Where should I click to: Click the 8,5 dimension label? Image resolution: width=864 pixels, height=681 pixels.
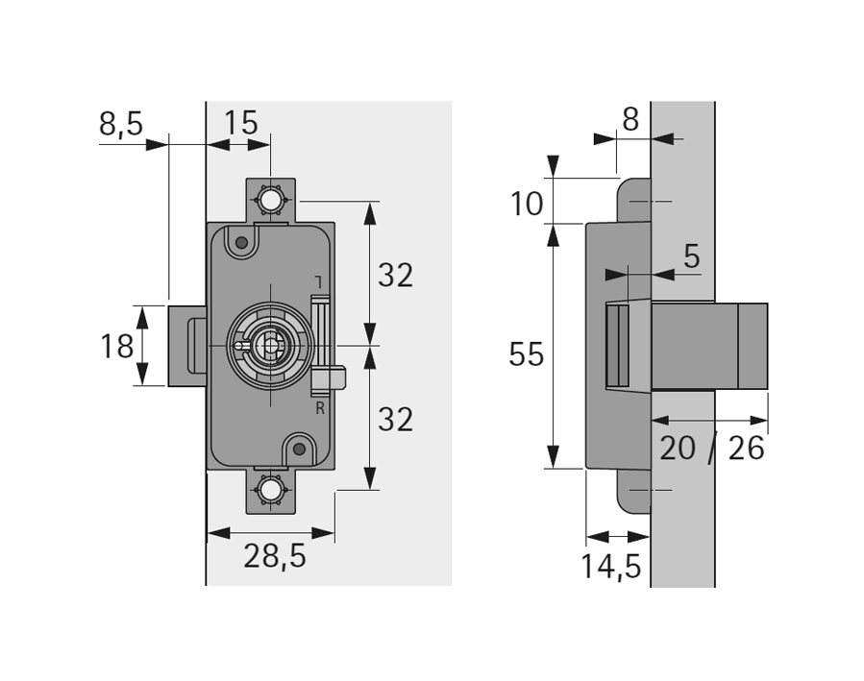point(120,123)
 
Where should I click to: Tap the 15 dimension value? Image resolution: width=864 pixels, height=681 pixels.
point(241,123)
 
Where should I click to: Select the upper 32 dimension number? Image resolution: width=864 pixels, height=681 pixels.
point(395,276)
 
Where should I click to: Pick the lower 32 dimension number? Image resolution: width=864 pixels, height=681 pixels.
point(395,419)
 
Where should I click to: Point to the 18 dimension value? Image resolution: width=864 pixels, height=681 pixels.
point(117,346)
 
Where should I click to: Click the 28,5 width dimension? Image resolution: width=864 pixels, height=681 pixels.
point(274,556)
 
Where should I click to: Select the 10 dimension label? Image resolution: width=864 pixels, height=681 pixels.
point(527,204)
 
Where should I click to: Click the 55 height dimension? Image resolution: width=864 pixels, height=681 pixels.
point(526,354)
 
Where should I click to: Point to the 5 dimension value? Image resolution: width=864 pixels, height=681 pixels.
point(692,256)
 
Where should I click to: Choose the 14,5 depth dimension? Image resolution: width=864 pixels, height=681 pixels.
point(610,567)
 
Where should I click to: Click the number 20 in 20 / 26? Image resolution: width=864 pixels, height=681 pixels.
point(678,448)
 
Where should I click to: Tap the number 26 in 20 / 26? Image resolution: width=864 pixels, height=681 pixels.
point(747,448)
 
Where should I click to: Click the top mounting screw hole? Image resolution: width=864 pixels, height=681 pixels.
point(270,201)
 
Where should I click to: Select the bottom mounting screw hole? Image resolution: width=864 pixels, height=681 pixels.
point(270,491)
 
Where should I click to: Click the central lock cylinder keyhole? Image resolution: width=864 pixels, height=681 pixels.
point(271,344)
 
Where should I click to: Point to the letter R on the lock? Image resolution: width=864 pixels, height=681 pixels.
point(320,408)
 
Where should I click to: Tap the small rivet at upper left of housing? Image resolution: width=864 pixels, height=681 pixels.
point(241,242)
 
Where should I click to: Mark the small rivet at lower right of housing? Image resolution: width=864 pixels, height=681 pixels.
point(300,449)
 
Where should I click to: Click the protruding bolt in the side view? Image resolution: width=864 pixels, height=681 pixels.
point(709,346)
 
